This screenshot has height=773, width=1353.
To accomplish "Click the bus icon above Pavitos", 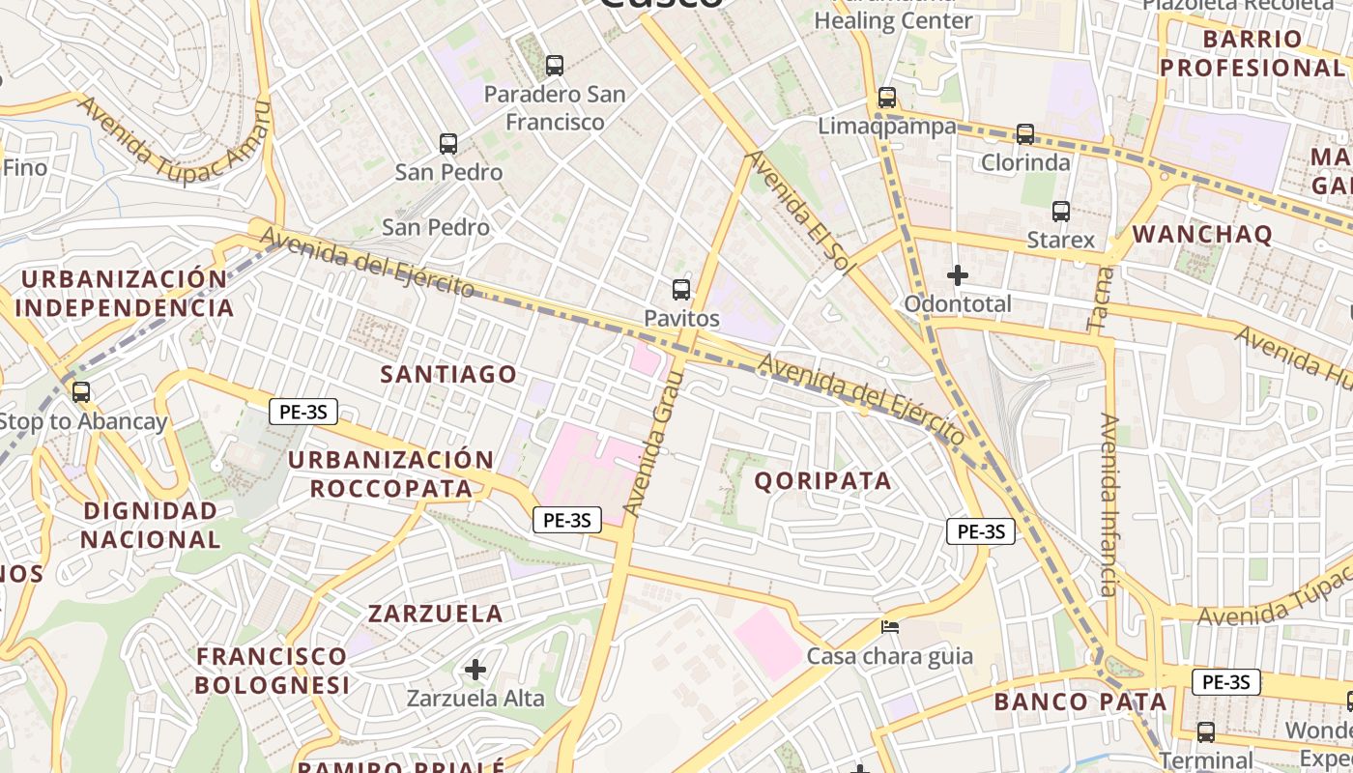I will click(681, 289).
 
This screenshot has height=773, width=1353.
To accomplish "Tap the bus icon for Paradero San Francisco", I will click(555, 66).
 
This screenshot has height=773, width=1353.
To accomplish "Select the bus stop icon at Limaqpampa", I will click(887, 98).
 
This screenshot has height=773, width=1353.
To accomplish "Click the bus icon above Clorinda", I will click(1025, 134).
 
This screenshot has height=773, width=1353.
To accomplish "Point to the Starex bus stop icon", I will click(1061, 212).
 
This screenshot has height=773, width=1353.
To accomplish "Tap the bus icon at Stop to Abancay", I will click(81, 392).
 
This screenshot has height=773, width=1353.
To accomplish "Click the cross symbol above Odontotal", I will click(958, 275).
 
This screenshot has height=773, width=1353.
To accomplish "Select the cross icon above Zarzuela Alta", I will click(475, 669).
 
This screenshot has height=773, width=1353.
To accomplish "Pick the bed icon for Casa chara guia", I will click(890, 627).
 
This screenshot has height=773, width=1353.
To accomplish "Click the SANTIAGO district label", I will click(448, 374).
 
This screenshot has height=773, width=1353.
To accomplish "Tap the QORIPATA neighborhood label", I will click(822, 480).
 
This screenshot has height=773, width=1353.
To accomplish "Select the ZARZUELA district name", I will click(435, 613).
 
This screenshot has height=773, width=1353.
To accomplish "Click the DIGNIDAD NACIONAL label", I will click(151, 525).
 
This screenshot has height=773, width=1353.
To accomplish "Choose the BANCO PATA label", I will click(1080, 701).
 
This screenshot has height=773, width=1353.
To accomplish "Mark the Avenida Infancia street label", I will click(1108, 504).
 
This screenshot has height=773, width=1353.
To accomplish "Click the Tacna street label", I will click(1101, 300).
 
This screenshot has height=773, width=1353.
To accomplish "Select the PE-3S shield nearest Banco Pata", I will click(1225, 681).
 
